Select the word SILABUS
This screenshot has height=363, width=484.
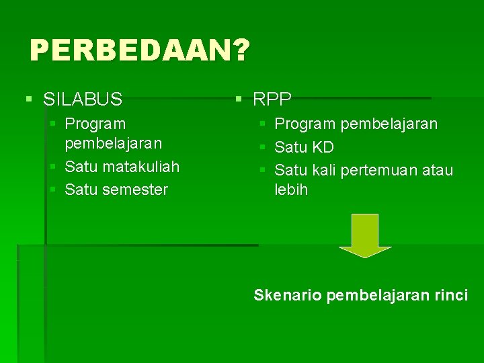pos(83,100)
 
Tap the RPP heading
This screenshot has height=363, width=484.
pos(272,100)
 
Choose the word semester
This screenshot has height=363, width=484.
pos(136,190)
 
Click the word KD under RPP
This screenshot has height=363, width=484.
pos(323,147)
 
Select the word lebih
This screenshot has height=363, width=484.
pos(291,190)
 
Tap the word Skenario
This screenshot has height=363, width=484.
pos(288,295)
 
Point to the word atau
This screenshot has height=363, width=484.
pos(438,170)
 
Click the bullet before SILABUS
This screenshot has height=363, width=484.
pos(28,100)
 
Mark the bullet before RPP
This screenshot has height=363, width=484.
pos(239,100)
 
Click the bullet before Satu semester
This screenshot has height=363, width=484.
pos(53,190)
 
